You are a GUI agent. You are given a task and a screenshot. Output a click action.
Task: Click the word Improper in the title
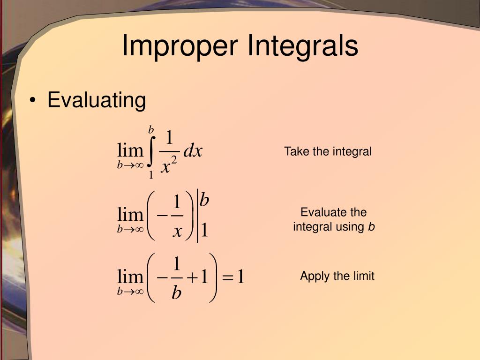click(x=180, y=46)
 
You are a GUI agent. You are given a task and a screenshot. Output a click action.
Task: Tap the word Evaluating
click(x=97, y=100)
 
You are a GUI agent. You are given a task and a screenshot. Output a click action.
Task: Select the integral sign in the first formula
click(x=151, y=151)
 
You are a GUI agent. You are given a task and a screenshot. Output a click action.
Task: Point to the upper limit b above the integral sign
click(x=151, y=129)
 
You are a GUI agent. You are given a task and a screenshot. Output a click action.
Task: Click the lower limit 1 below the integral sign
click(x=151, y=175)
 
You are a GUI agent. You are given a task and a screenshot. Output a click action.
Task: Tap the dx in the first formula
click(x=193, y=151)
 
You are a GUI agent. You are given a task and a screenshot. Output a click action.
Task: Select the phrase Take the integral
click(x=328, y=151)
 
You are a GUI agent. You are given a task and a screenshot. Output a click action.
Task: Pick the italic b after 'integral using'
click(x=371, y=227)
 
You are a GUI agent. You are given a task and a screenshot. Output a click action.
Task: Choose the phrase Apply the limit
click(x=337, y=276)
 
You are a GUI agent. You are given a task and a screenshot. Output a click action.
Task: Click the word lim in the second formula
click(x=130, y=215)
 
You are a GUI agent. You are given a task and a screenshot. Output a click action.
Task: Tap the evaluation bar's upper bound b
click(x=204, y=200)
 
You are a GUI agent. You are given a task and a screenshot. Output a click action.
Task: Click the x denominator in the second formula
click(x=177, y=231)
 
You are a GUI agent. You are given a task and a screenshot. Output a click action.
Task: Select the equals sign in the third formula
click(x=227, y=278)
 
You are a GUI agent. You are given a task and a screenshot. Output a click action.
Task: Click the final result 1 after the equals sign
click(x=240, y=277)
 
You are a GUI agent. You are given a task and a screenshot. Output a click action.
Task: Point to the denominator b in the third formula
click(x=176, y=293)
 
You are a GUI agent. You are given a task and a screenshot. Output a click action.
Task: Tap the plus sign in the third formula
click(x=192, y=278)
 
